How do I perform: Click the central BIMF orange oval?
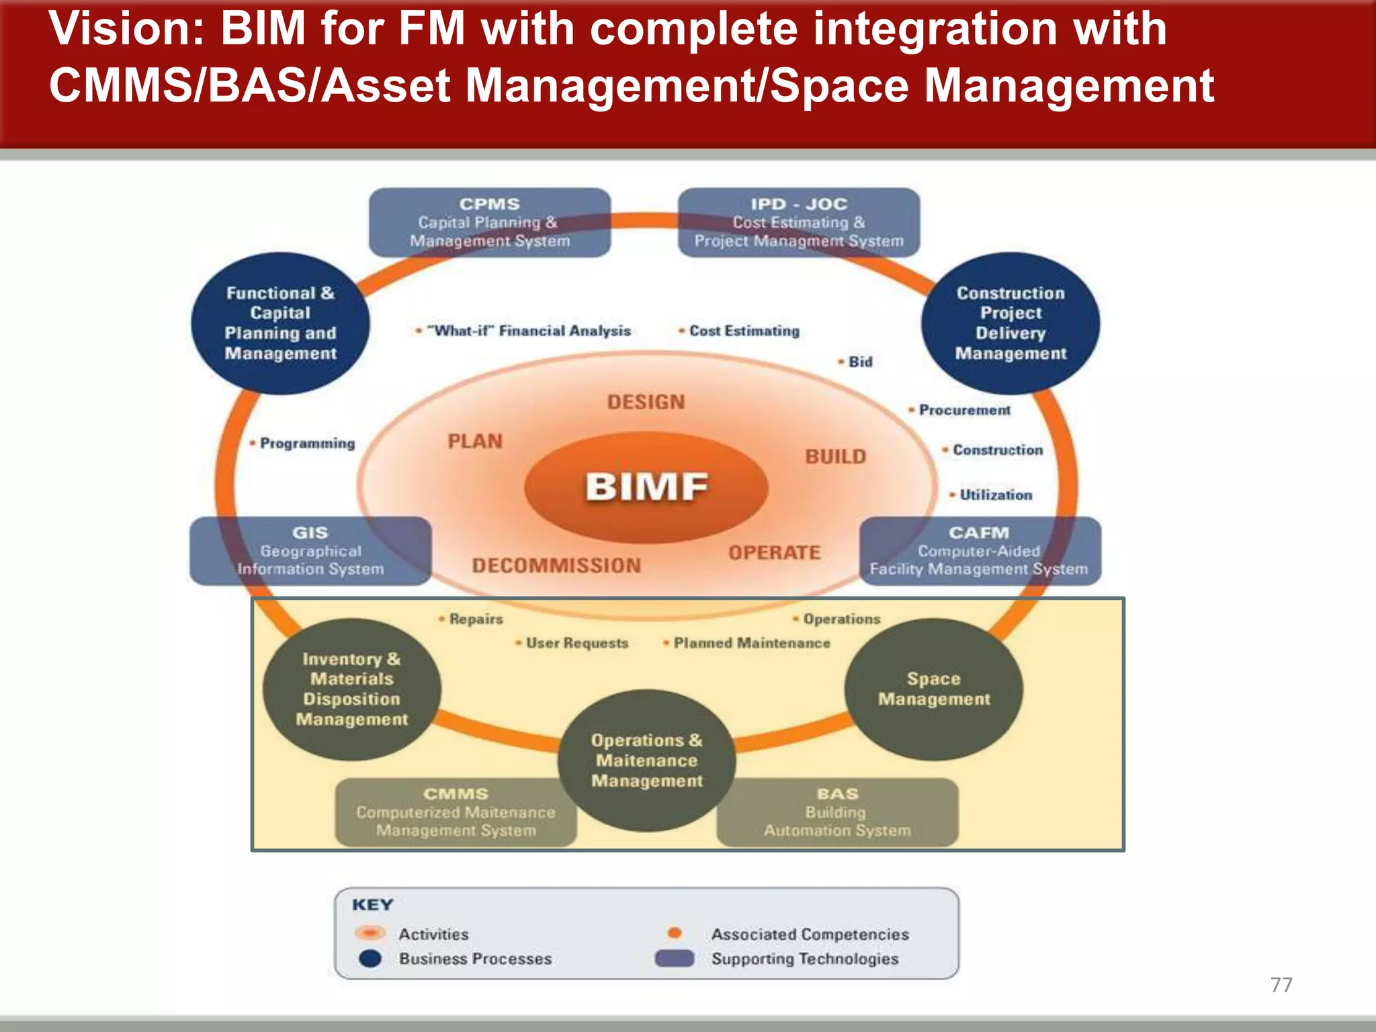pyautogui.click(x=646, y=486)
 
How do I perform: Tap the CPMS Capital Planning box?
pyautogui.click(x=490, y=222)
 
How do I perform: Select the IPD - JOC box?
pyautogui.click(x=798, y=222)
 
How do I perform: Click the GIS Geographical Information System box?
pyautogui.click(x=310, y=551)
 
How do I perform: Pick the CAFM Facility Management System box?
pyautogui.click(x=979, y=551)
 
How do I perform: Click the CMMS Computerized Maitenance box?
pyautogui.click(x=456, y=812)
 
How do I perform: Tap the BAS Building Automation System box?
pyautogui.click(x=837, y=812)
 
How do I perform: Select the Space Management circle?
pyautogui.click(x=933, y=689)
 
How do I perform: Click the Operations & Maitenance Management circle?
pyautogui.click(x=646, y=761)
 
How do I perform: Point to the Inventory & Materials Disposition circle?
pyautogui.click(x=351, y=689)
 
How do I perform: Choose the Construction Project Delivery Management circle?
pyautogui.click(x=1010, y=323)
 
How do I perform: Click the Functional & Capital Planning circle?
pyautogui.click(x=280, y=323)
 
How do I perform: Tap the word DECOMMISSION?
pyautogui.click(x=556, y=566)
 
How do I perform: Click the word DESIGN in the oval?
pyautogui.click(x=646, y=402)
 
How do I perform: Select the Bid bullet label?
pyautogui.click(x=859, y=362)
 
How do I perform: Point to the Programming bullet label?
pyautogui.click(x=306, y=443)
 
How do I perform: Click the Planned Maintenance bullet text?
pyautogui.click(x=751, y=643)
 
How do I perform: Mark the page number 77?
pyautogui.click(x=1281, y=984)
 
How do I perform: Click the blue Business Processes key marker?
pyautogui.click(x=370, y=958)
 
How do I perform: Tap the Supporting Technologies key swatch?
pyautogui.click(x=675, y=958)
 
